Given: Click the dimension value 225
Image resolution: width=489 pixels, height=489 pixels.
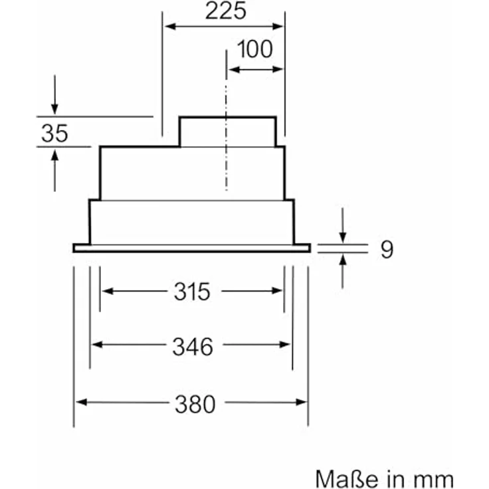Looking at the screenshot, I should (225, 11).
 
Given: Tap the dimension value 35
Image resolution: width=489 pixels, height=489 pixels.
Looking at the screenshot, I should (54, 134).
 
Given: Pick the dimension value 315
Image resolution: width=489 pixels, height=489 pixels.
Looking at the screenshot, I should (192, 291).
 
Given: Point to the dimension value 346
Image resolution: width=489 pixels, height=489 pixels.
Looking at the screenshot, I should (193, 345).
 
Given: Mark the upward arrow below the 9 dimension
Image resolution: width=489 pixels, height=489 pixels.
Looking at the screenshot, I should (343, 260).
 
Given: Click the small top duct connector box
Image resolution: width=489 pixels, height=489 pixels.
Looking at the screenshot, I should (227, 132).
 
